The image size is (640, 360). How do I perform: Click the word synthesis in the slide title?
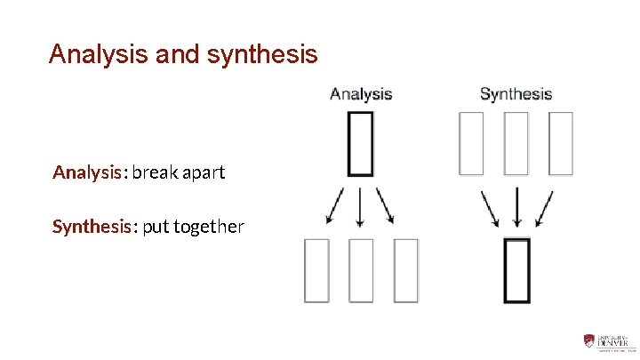(261, 55)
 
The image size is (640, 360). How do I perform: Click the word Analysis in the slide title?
(99, 55)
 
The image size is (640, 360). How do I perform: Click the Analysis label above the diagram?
(361, 93)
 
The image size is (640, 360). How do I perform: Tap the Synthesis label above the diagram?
(516, 93)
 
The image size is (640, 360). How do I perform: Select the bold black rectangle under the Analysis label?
(360, 142)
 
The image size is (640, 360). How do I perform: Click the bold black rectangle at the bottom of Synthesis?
(516, 269)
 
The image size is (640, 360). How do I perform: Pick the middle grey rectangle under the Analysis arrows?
(360, 269)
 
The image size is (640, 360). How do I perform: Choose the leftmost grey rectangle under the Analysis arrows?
(316, 269)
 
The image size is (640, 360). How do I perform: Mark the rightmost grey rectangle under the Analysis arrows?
(405, 269)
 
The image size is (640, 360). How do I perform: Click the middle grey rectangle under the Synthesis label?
(516, 142)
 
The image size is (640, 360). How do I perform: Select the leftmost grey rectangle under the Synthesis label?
(471, 142)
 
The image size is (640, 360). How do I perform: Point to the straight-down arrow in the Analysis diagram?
(360, 206)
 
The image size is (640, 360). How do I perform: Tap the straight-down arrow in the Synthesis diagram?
(516, 208)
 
